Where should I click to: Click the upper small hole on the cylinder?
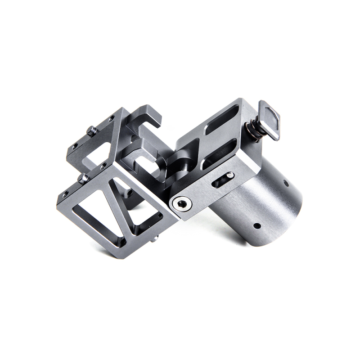tap(286, 183)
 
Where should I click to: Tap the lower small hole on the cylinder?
tap(256, 225)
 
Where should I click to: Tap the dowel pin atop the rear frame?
tap(92, 131)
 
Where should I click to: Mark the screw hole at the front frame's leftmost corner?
tap(66, 194)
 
